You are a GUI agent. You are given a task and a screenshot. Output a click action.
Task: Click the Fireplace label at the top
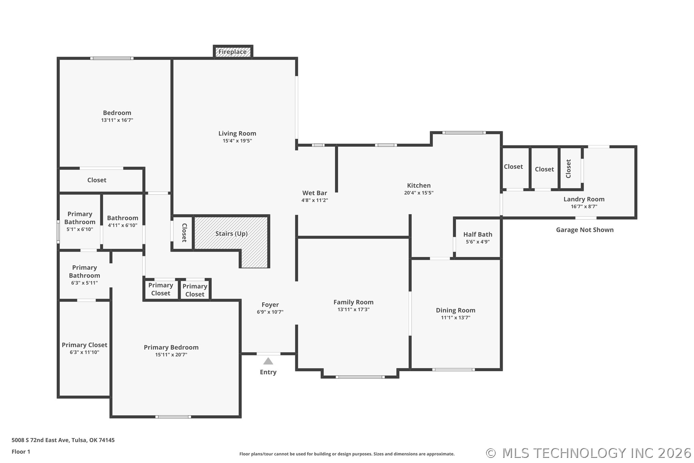(232, 52)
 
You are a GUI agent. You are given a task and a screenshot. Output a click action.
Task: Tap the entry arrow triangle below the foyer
(268, 361)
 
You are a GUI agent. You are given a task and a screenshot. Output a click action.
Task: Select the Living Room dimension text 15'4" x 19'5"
(237, 141)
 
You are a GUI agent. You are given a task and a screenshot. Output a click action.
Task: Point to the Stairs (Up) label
(231, 234)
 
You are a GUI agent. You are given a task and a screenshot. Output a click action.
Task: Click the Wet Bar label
(315, 193)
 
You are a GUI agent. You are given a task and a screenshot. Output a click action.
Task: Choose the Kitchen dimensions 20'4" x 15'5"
(419, 193)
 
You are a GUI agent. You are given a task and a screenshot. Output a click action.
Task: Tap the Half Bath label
(478, 234)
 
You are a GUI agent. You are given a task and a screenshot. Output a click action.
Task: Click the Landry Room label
(584, 199)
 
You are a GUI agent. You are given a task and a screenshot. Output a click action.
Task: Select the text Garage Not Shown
(585, 230)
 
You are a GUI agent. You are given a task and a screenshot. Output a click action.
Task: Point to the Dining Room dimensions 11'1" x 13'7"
(456, 318)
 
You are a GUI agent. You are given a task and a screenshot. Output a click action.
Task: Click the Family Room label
(353, 302)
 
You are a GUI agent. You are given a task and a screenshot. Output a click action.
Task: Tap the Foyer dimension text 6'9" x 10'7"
(270, 312)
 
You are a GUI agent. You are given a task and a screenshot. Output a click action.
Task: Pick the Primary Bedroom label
(171, 347)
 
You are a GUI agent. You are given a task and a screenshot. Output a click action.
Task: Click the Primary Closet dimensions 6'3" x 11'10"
(85, 352)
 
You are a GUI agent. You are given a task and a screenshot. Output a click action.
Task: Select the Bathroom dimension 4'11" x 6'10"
(123, 226)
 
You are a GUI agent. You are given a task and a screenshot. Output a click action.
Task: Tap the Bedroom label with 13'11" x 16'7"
(117, 113)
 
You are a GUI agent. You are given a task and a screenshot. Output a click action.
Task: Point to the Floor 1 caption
(21, 452)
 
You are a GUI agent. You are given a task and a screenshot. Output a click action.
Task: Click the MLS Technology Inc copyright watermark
(588, 453)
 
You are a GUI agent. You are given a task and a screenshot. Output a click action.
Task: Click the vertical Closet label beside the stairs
(184, 233)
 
